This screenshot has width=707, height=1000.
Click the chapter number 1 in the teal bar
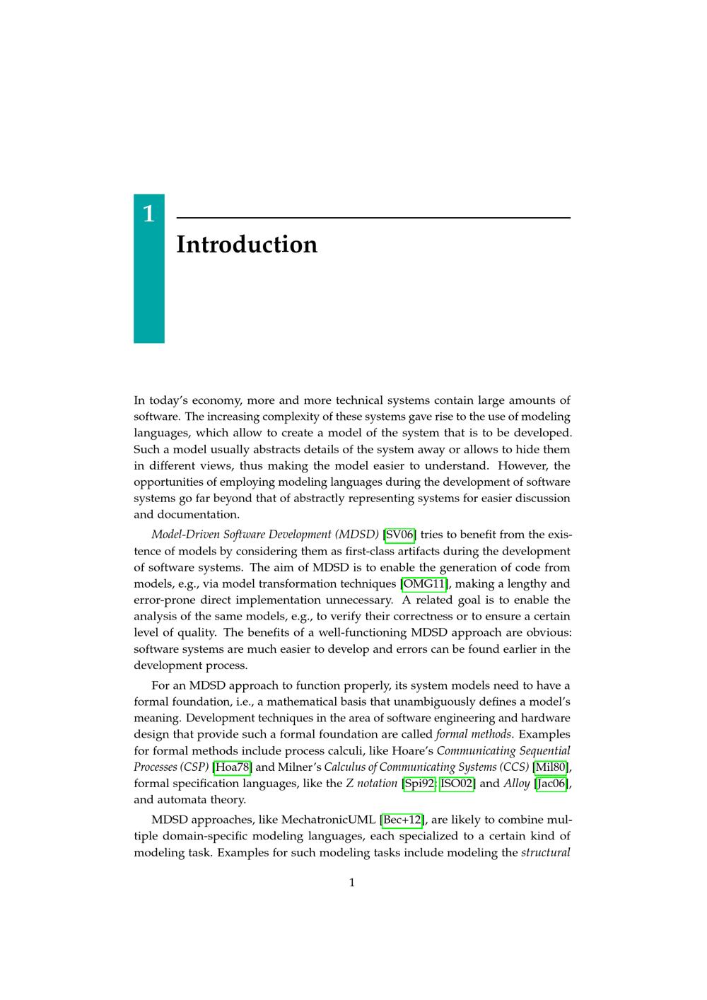(148, 214)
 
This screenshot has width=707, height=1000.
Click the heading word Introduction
(247, 245)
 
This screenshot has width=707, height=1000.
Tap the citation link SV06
(399, 535)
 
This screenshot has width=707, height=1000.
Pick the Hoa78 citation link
(232, 767)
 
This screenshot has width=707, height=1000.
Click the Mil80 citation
(551, 767)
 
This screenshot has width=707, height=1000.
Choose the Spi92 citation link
(419, 783)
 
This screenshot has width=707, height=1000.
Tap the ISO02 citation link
(457, 783)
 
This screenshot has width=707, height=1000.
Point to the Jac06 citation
(551, 783)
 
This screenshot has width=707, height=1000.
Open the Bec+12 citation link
(402, 820)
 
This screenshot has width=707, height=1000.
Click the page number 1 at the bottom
(352, 882)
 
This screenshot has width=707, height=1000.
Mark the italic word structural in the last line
(545, 852)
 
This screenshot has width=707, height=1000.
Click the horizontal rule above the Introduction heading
(373, 218)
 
